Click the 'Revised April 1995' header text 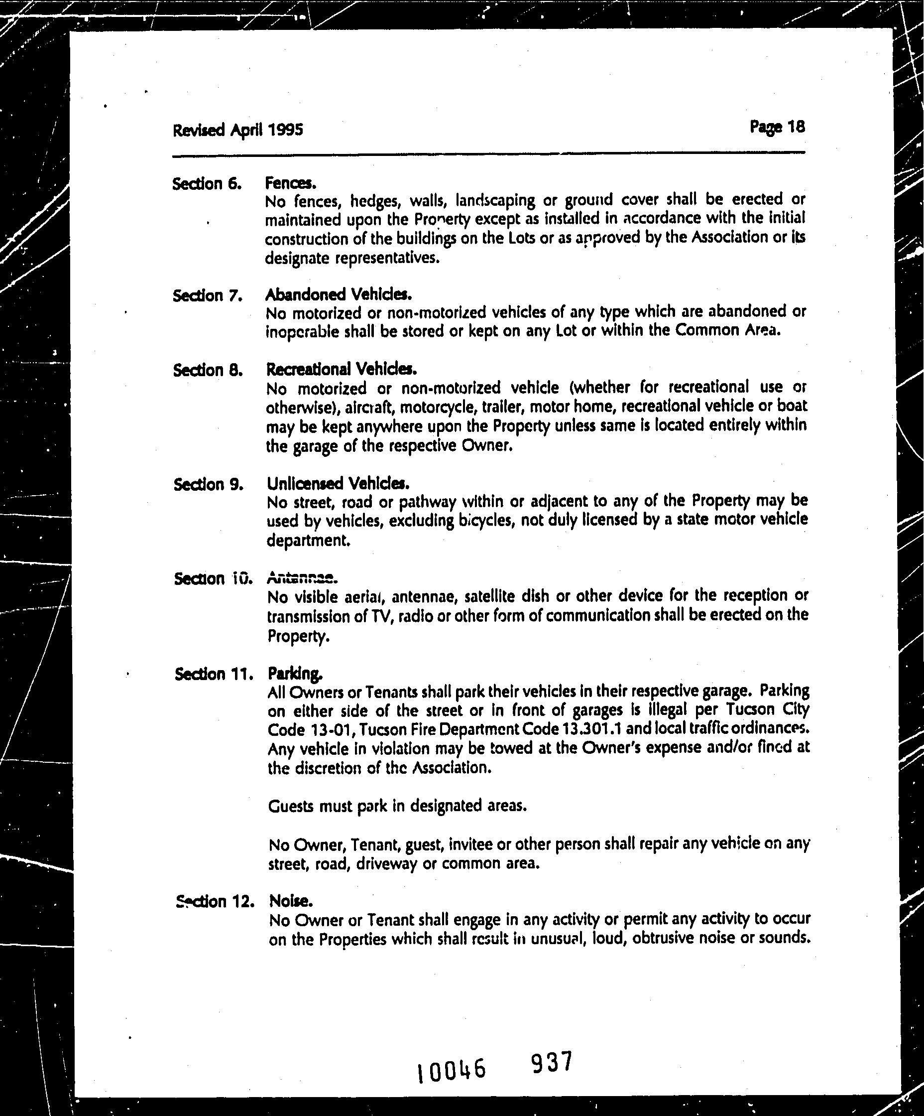point(237,130)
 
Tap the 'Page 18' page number point(777,127)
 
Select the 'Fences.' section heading point(290,183)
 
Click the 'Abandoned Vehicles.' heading point(338,294)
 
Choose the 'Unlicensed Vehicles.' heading point(338,484)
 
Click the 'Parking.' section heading point(295,674)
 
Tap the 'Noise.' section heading point(291,901)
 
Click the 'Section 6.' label point(207,184)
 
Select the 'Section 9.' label point(208,485)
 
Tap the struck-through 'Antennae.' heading point(300,577)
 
